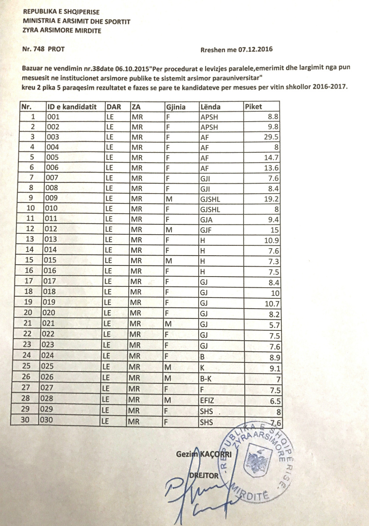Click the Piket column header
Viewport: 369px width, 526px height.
click(x=253, y=107)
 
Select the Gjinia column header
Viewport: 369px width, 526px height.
click(x=176, y=107)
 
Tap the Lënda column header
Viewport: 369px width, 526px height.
click(x=211, y=107)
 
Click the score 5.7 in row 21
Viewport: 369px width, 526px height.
click(x=274, y=324)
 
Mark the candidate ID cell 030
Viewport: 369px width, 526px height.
click(x=48, y=420)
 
